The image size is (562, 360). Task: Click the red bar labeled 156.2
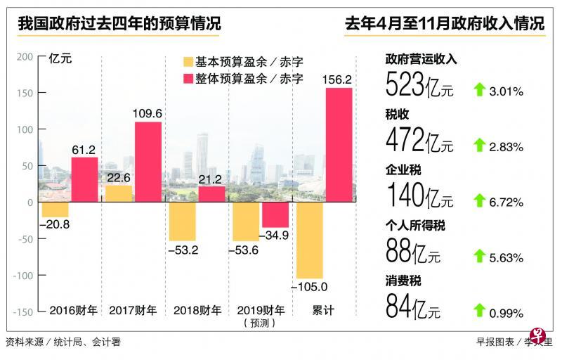339,145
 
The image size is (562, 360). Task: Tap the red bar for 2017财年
148,162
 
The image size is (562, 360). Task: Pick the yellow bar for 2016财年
55,210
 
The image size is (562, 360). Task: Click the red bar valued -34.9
275,214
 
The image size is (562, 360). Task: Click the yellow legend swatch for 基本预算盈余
188,62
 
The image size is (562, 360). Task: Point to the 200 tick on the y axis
24,56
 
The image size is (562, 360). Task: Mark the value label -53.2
183,250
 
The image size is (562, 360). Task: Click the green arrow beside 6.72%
481,202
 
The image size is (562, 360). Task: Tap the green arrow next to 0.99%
481,311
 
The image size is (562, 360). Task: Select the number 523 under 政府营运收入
405,86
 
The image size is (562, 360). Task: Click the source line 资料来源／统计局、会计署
63,342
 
